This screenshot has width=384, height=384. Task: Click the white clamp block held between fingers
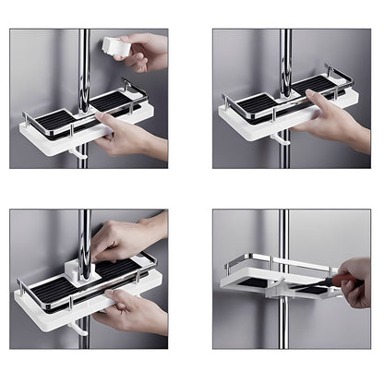pyautogui.click(x=115, y=45)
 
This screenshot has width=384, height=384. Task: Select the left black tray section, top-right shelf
pyautogui.click(x=258, y=103)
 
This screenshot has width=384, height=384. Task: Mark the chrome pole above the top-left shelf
pyautogui.click(x=84, y=55)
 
